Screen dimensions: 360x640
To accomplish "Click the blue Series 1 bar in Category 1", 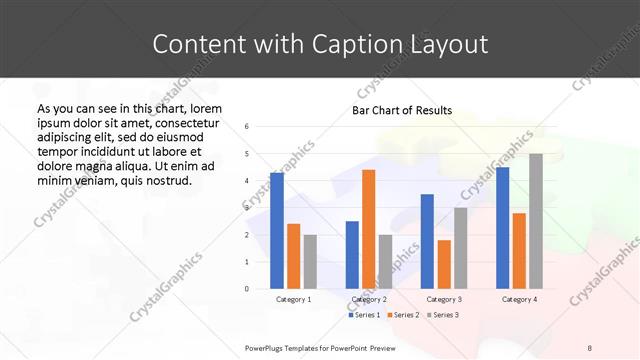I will [277, 230].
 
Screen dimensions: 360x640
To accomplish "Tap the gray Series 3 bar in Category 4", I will [536, 221].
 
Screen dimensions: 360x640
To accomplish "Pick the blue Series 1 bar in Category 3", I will [427, 241].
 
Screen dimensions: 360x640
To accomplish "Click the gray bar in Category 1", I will [310, 261].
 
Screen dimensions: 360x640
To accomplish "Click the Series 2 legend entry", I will [402, 315].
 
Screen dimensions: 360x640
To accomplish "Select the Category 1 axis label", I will [293, 299].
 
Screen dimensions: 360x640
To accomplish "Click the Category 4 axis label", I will [519, 299].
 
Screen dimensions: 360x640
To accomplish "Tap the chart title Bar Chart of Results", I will [402, 110].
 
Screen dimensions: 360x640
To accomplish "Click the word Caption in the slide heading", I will [378, 44].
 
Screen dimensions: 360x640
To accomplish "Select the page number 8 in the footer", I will [590, 347].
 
